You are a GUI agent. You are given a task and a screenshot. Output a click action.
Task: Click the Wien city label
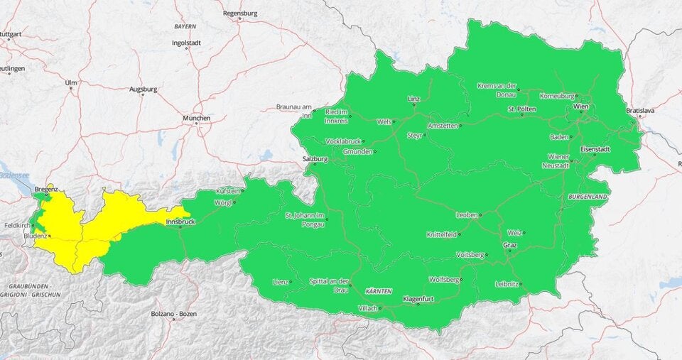click(580, 107)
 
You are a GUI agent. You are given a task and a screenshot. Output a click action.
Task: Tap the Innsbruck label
click(179, 222)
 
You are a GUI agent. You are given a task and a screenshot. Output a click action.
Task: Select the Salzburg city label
click(314, 159)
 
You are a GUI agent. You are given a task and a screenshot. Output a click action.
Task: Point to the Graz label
click(509, 245)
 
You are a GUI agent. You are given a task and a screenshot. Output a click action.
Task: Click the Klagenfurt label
click(418, 299)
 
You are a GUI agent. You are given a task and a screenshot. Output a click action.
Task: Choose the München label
click(196, 118)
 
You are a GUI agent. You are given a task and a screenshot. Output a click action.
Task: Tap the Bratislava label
click(640, 111)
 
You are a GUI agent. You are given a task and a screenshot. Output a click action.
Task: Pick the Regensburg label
click(239, 13)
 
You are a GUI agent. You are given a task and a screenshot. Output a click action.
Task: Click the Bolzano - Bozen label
click(173, 314)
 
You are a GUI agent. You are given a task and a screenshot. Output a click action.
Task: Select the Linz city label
click(413, 99)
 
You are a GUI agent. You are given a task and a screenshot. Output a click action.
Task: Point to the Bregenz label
click(45, 190)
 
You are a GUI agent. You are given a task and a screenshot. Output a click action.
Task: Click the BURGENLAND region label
click(587, 195)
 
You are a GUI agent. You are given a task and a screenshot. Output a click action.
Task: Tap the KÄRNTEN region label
click(378, 292)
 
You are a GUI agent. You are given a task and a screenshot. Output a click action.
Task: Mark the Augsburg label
click(143, 89)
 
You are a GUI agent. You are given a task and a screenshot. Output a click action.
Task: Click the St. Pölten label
click(521, 109)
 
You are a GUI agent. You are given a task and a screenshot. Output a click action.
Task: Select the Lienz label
click(280, 282)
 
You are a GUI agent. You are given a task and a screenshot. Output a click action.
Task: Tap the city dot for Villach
click(380, 308)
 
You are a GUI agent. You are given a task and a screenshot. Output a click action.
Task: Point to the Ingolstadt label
click(186, 43)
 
